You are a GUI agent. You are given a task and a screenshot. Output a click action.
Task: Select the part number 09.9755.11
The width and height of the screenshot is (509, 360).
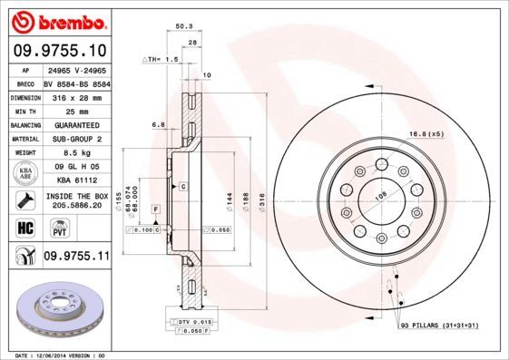tap(76, 258)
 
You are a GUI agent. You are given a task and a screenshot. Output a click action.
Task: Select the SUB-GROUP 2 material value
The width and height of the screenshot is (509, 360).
tap(76, 139)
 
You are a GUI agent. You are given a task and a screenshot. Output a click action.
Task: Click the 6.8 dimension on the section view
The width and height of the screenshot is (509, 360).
tap(159, 124)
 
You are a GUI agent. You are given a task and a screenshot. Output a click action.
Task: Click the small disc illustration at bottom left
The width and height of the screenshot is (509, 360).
tap(56, 308)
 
